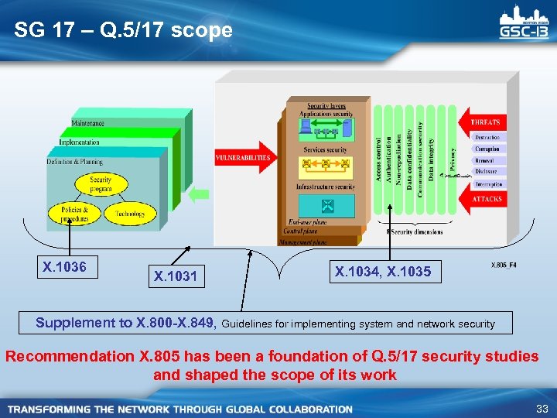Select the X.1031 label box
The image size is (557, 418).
point(176,276)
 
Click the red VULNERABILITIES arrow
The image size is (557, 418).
point(244,158)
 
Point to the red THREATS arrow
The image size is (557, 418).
point(484,122)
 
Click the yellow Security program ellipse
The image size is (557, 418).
point(100,184)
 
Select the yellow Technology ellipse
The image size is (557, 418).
point(130,214)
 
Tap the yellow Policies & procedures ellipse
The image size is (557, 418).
point(75,214)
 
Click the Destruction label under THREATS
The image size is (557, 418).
point(487,137)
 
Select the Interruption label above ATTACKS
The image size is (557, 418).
point(488,184)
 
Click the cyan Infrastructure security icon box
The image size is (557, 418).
point(326,205)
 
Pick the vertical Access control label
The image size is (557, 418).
point(378,159)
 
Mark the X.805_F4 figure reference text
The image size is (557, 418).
point(504,266)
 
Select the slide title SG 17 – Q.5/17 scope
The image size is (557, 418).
point(123,30)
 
